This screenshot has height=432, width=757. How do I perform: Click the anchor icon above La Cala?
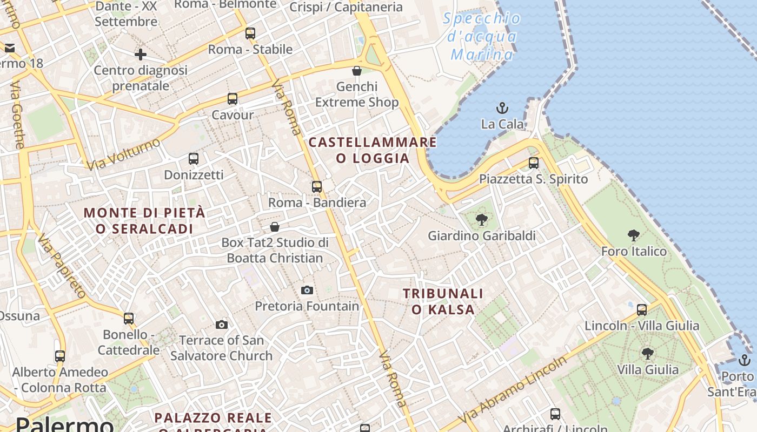502,108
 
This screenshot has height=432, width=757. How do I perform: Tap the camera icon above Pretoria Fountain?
307,291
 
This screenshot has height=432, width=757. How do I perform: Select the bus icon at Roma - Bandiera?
317,187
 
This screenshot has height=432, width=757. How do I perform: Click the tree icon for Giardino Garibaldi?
481,220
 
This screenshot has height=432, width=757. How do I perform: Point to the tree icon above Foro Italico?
634,235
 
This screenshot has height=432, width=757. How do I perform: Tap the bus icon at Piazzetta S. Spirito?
534,163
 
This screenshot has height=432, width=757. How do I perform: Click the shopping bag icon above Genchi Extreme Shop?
357,71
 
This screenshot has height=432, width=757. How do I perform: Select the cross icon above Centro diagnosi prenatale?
141,54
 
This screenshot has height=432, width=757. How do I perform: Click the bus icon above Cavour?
233,99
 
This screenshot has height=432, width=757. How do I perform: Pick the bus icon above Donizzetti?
194,159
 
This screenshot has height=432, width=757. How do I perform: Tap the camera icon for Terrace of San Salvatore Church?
222,325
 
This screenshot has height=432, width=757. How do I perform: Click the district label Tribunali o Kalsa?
443,301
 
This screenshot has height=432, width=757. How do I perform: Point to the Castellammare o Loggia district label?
373,150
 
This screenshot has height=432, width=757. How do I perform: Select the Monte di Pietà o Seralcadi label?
145,220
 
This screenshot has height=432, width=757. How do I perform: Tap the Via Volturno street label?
123,154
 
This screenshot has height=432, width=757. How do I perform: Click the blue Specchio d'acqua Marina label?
482,37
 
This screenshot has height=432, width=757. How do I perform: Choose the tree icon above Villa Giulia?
648,354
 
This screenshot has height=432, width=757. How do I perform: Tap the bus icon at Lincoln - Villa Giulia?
642,310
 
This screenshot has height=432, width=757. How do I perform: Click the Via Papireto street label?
62,267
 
